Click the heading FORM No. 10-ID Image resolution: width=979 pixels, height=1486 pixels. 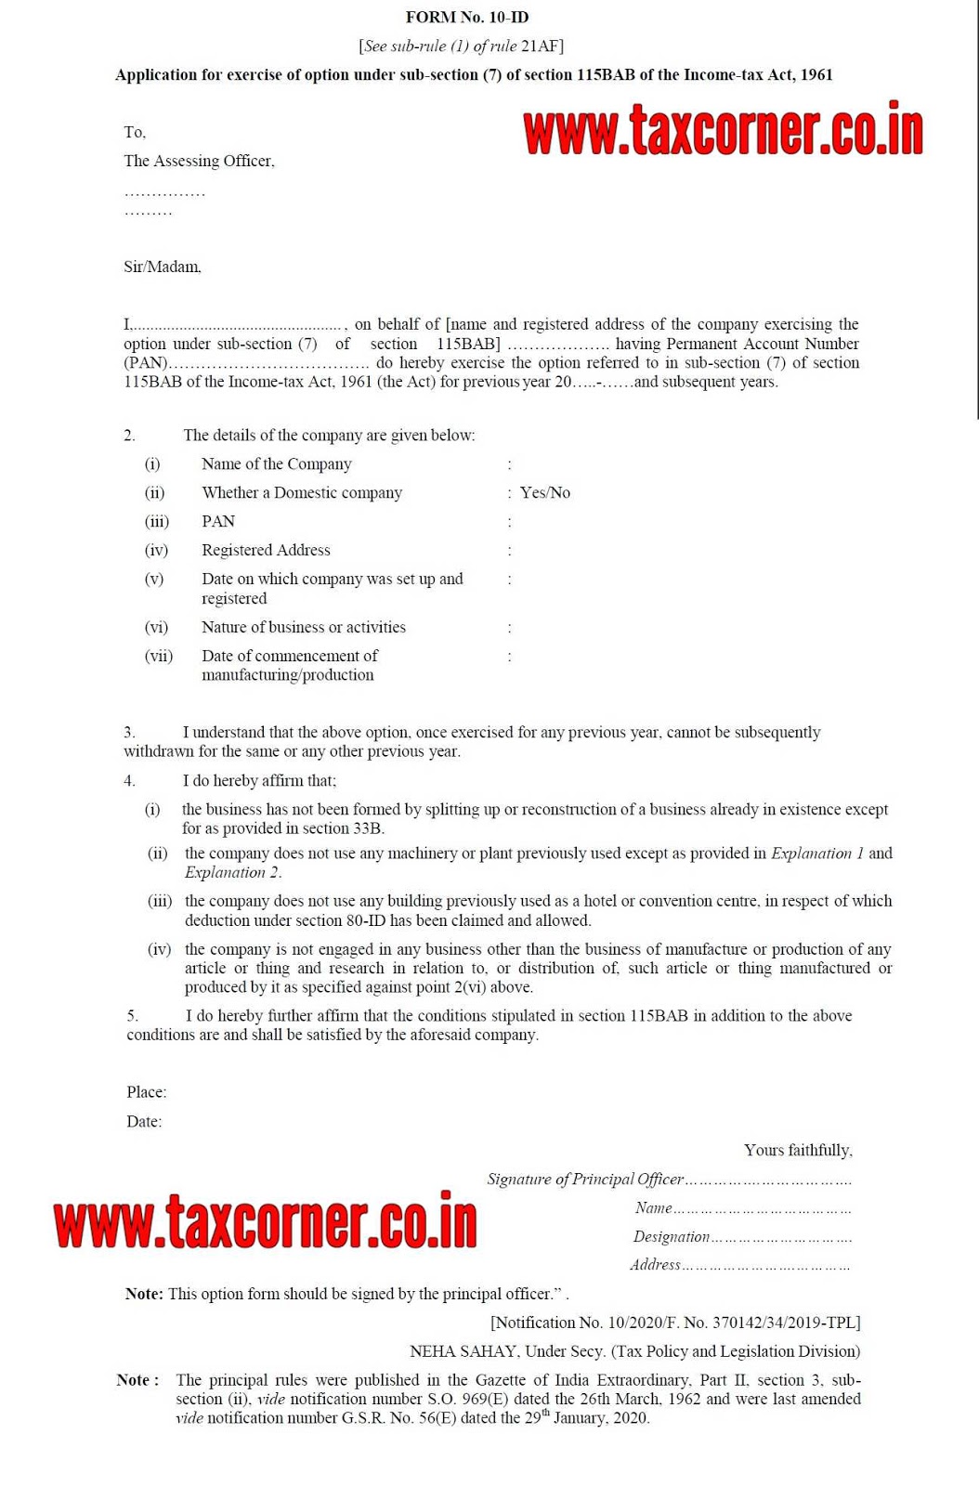point(467,17)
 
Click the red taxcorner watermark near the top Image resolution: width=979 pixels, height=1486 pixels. point(723,131)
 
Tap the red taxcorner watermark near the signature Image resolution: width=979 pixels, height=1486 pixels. point(266,1221)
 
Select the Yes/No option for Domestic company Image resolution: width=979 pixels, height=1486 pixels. point(544,492)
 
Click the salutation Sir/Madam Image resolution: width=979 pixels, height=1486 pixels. point(163,267)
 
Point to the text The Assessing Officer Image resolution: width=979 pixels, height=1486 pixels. point(199,161)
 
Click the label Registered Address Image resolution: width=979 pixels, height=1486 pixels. point(266,550)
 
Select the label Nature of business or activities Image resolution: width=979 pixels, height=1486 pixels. point(303,627)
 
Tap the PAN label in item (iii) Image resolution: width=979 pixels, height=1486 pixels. point(218,521)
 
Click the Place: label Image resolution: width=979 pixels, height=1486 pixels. point(147,1092)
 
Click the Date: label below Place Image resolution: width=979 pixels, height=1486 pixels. point(144,1121)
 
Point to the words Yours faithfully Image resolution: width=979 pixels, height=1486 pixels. point(798,1150)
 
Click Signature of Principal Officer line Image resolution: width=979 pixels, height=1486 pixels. point(669,1179)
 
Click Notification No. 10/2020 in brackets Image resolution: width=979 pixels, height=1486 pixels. point(576,1323)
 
